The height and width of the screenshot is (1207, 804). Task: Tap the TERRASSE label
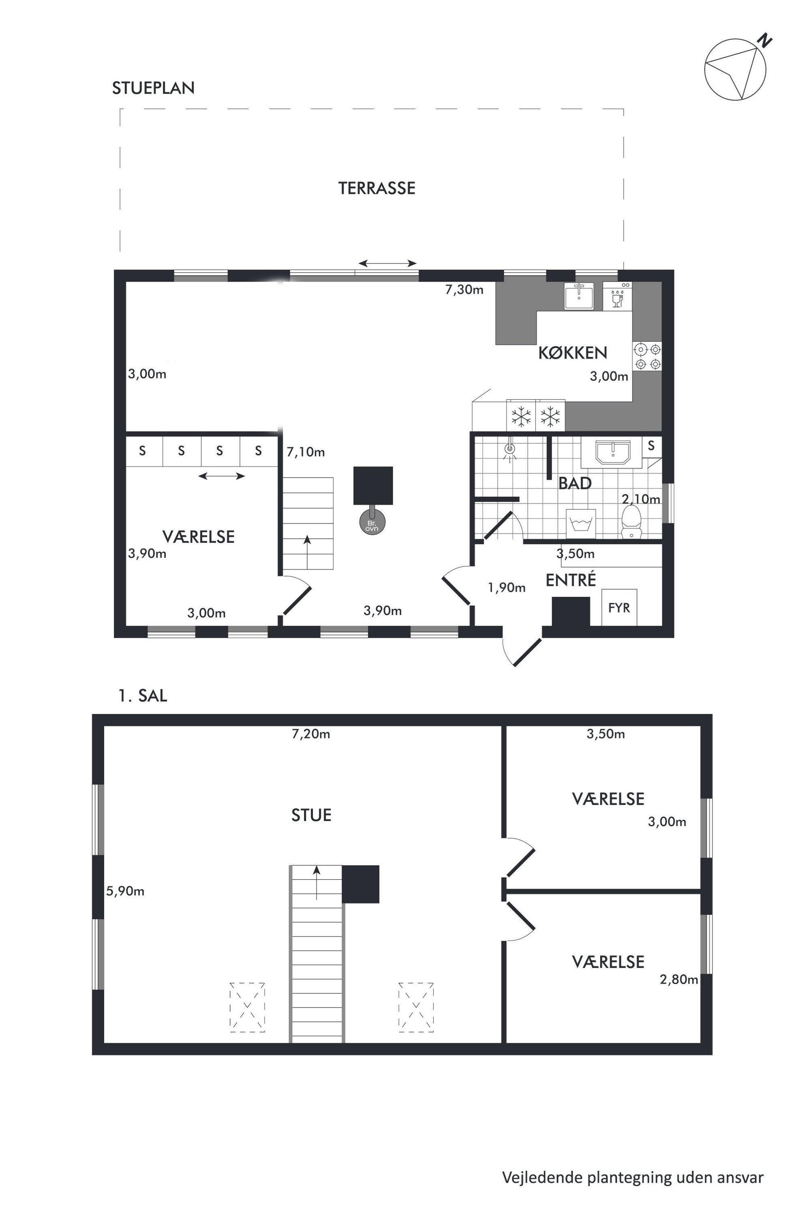click(377, 188)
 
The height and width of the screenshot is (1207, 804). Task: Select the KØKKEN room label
click(573, 352)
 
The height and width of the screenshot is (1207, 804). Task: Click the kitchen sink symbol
click(579, 296)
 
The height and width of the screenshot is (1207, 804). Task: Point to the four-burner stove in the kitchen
click(648, 356)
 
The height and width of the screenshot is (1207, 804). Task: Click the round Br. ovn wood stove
click(372, 522)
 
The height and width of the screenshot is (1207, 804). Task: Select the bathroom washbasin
click(612, 452)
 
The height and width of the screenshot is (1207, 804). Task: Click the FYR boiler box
click(619, 607)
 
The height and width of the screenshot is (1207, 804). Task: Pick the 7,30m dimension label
click(464, 290)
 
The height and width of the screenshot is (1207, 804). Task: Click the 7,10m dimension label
click(306, 452)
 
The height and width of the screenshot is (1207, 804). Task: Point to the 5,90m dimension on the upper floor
click(125, 891)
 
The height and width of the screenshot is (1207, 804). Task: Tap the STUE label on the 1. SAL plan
click(311, 815)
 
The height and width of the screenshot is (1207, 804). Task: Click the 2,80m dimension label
click(679, 979)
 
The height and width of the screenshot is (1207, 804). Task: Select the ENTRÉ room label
click(571, 580)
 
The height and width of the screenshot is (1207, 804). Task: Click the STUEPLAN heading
click(153, 88)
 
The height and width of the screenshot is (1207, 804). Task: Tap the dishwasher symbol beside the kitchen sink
click(617, 296)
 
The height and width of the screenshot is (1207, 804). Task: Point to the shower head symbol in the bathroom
click(509, 450)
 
